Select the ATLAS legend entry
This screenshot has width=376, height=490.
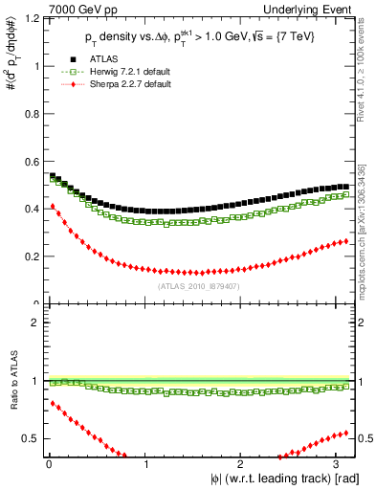89,59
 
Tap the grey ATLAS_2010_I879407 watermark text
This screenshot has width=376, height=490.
196,285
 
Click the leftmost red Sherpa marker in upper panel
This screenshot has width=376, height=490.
52,206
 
